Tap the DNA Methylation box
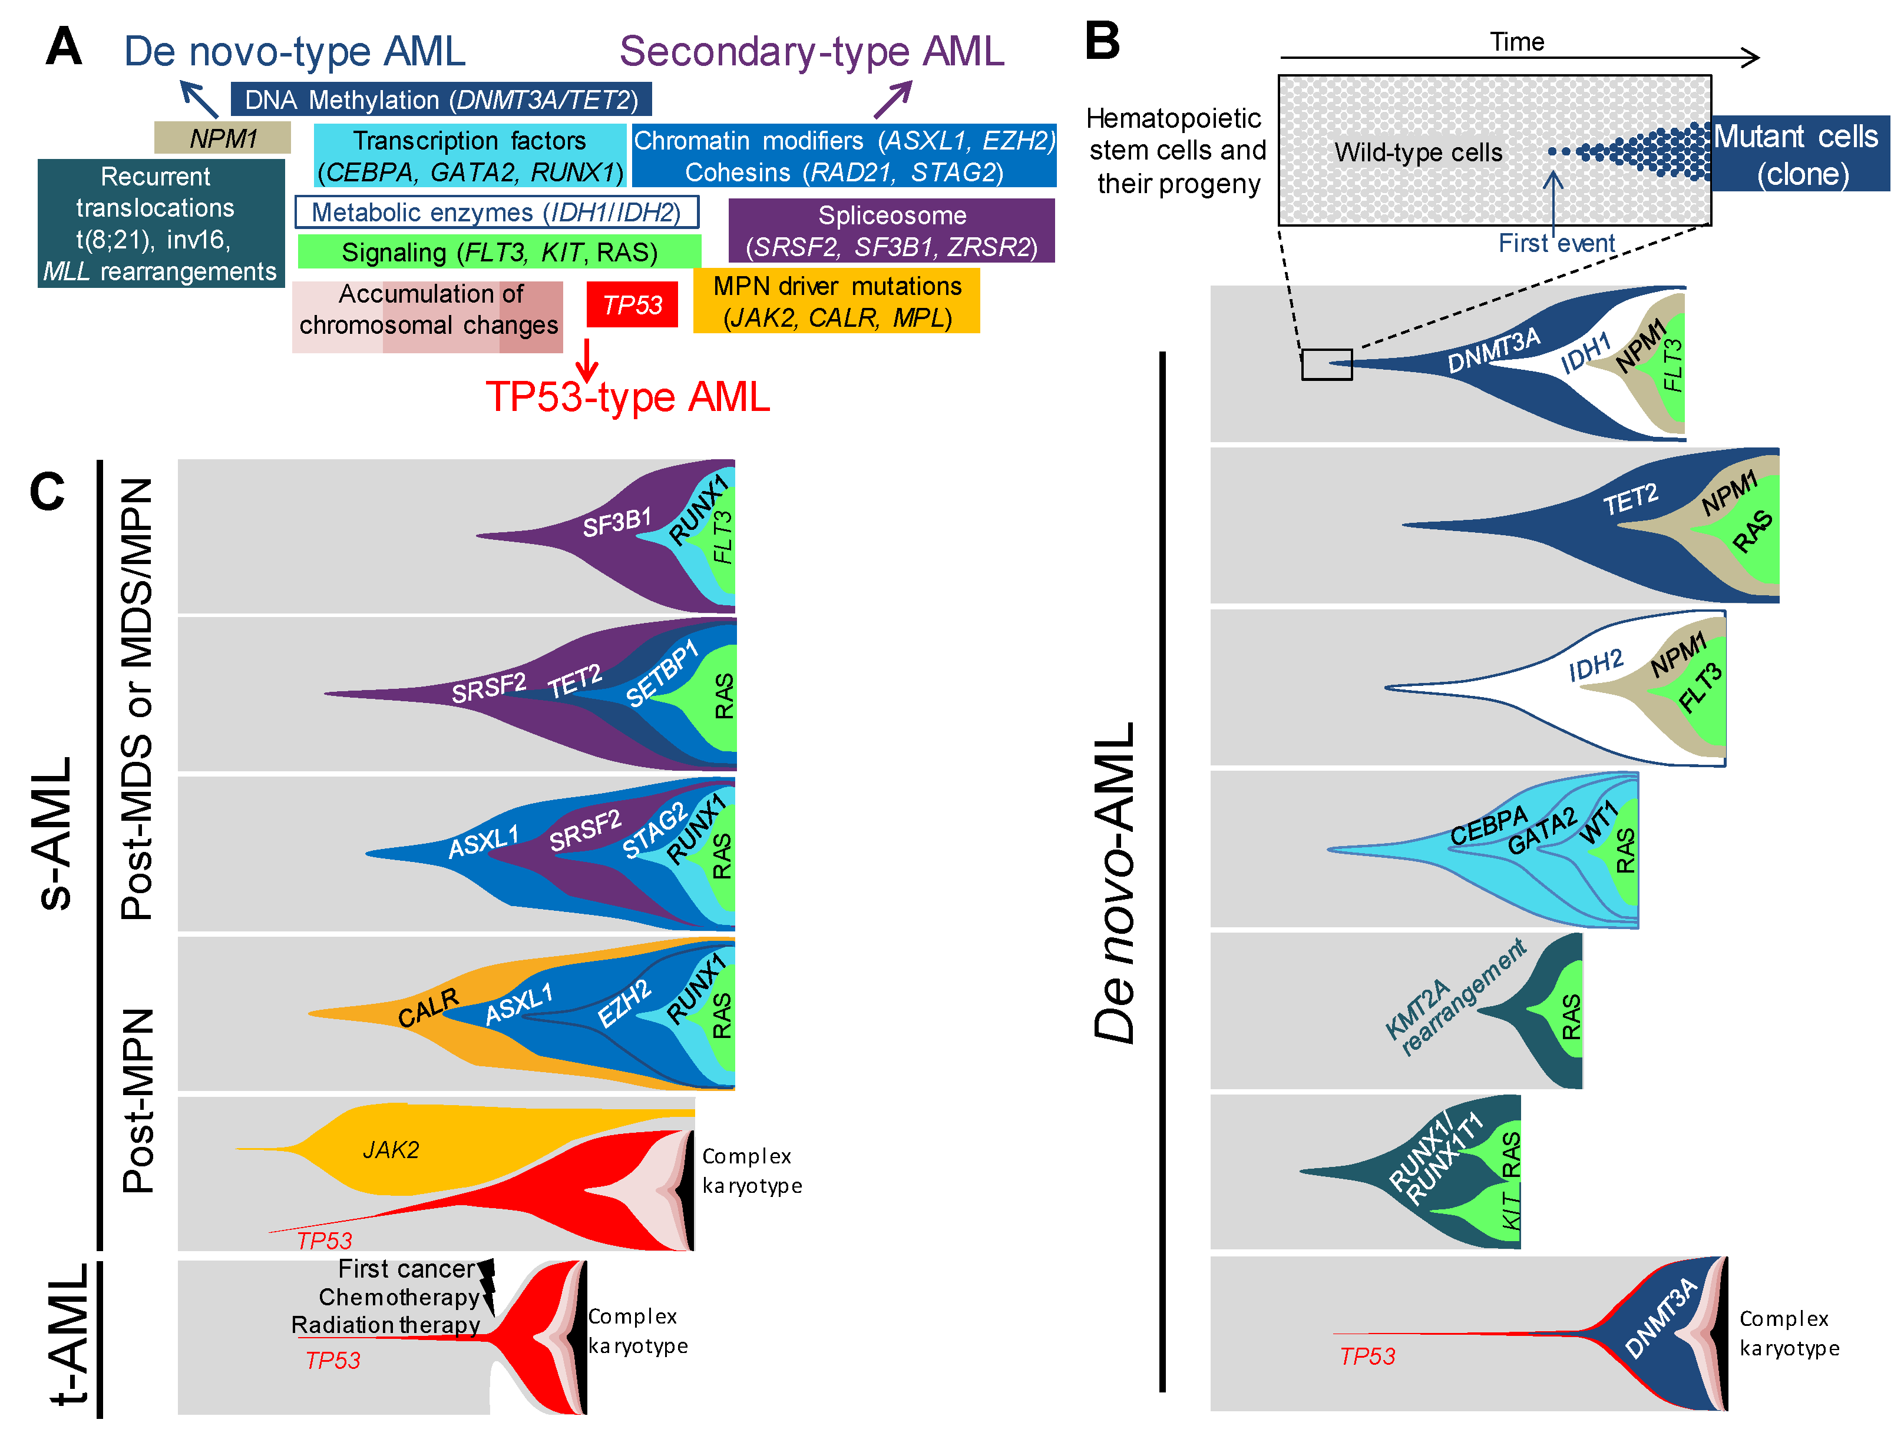[x=441, y=100]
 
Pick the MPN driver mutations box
[x=836, y=301]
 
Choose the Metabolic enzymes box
[x=496, y=211]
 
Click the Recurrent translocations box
[x=160, y=224]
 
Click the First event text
[x=1556, y=244]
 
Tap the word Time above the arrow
[x=1516, y=41]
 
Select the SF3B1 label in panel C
[x=616, y=522]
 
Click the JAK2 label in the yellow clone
[x=391, y=1149]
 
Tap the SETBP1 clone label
[x=661, y=675]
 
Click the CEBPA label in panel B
[x=1487, y=826]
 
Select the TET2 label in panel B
[x=1629, y=499]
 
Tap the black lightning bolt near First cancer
[x=487, y=1285]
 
